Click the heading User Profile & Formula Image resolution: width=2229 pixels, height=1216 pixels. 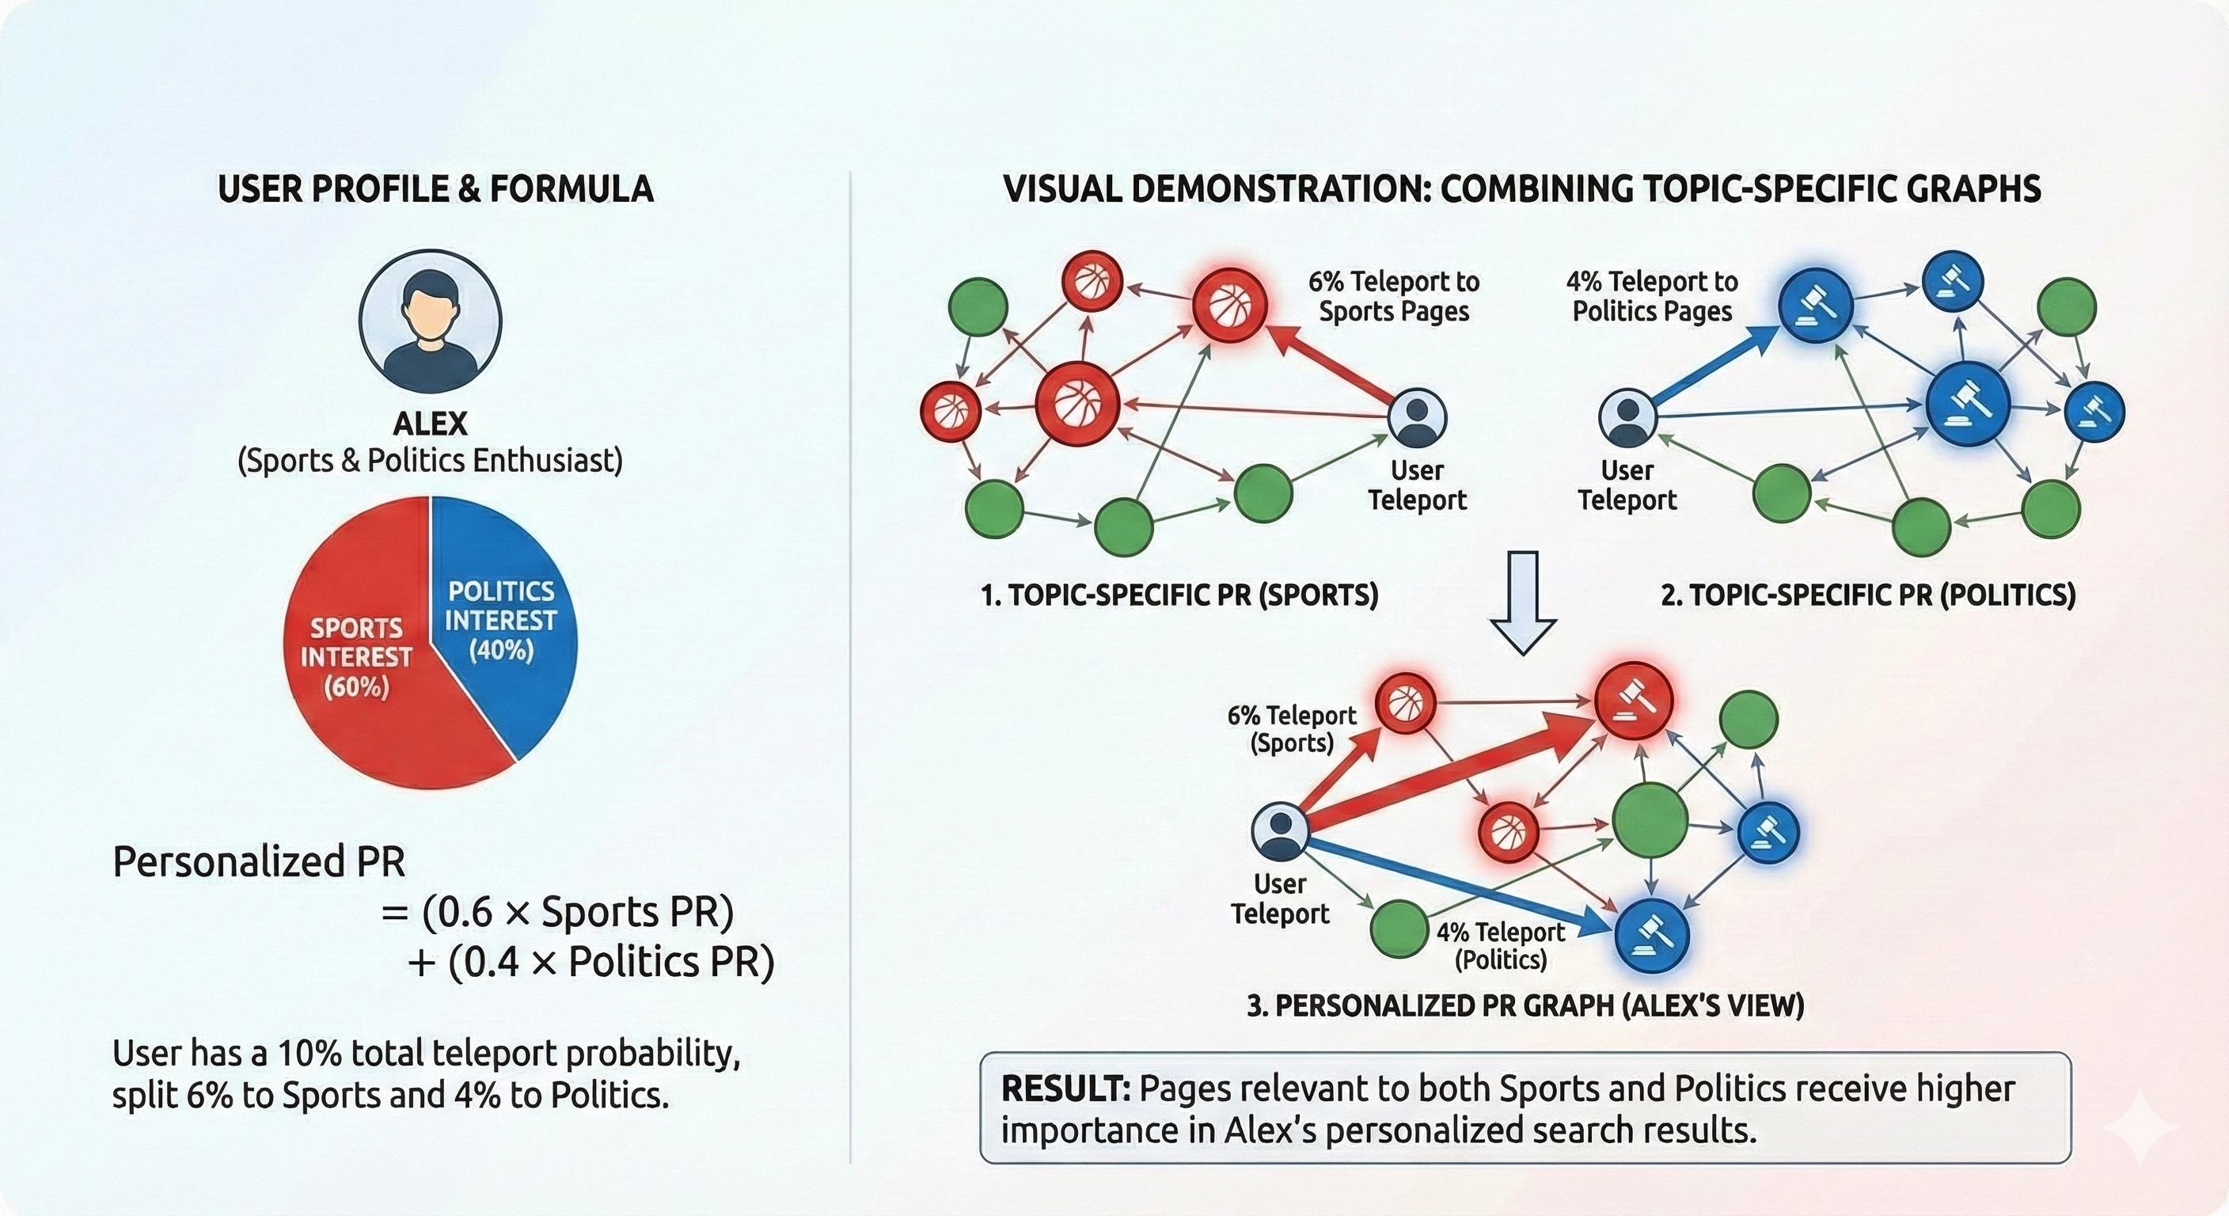(x=435, y=189)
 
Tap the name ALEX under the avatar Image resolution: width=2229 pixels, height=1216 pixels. (x=430, y=424)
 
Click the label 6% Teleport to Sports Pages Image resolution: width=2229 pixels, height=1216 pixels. (x=1393, y=296)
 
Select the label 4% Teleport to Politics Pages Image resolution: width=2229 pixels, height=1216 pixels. (x=1652, y=296)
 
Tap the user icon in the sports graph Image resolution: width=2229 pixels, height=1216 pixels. (x=1417, y=417)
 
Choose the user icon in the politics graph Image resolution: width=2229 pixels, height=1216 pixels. (x=1627, y=417)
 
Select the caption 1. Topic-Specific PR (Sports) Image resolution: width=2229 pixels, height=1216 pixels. (x=1179, y=595)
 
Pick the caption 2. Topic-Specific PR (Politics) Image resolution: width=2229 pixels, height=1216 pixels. (x=1868, y=595)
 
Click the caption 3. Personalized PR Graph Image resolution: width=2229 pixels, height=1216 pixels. (x=1525, y=1005)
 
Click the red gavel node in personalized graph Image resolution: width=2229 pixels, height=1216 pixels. (x=1633, y=701)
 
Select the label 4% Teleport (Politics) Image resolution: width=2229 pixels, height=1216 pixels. (x=1501, y=945)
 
